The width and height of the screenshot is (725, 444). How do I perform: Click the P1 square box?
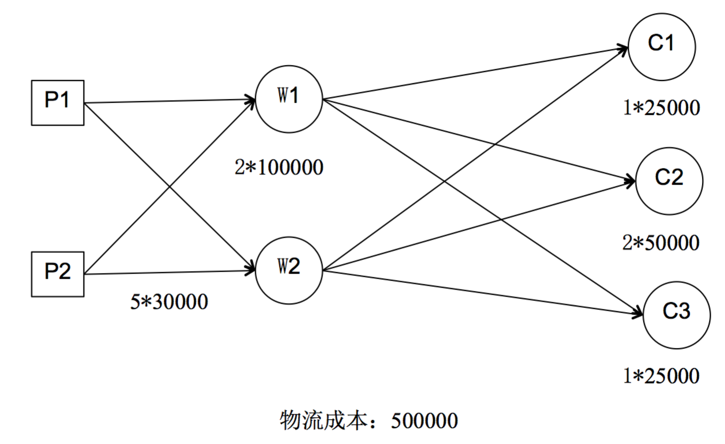[58, 103]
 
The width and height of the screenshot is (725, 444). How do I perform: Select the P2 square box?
[58, 274]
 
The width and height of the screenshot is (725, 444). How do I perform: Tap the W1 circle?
[289, 99]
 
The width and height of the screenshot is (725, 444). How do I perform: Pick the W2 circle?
[289, 270]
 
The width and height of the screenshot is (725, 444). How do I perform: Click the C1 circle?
[662, 47]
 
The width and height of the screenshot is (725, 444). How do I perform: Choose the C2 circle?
[669, 181]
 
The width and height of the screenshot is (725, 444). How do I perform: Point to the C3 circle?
[676, 315]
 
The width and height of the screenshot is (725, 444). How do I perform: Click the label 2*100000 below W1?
[279, 167]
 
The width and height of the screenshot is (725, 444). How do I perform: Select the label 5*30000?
[169, 302]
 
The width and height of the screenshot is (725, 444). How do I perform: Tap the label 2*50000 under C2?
[661, 243]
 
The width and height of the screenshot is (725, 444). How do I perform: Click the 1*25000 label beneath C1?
[661, 108]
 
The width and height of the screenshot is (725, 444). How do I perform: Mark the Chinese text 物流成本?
[323, 421]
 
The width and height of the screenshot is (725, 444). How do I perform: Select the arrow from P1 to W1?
[170, 101]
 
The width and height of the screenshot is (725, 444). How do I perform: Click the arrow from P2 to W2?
[170, 273]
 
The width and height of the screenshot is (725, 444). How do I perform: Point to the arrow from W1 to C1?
[474, 73]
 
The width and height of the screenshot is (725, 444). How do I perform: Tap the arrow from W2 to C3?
[480, 292]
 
